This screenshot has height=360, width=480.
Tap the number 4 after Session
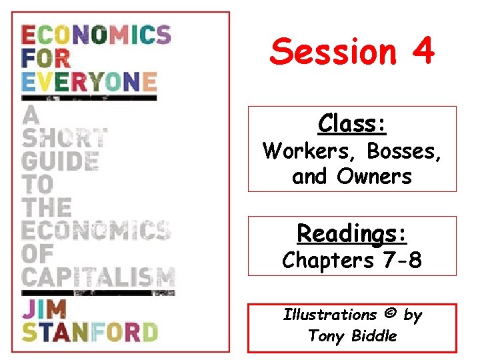point(423,51)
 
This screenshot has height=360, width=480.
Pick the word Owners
point(375,177)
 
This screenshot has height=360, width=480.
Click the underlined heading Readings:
point(352,233)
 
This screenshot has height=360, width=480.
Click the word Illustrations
point(330,315)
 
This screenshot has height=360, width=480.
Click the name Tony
point(324,336)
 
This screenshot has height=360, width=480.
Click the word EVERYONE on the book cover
point(89,82)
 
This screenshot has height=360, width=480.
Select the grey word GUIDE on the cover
point(61,161)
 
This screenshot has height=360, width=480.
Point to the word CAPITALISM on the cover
point(98,276)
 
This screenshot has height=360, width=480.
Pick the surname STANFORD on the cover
point(89,331)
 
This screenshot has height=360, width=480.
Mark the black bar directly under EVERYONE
point(89,97)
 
